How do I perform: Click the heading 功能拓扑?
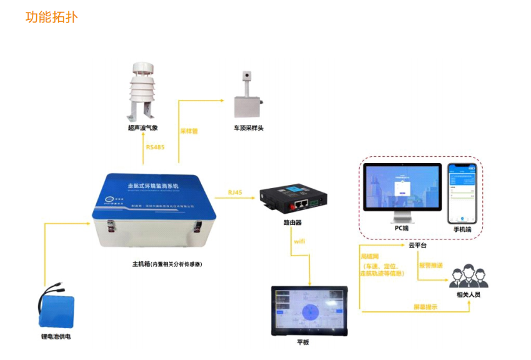(52, 17)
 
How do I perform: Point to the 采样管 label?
(189, 131)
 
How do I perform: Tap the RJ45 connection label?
(236, 192)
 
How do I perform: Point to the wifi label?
(299, 241)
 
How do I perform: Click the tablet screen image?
(309, 311)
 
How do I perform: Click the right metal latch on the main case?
(199, 228)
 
